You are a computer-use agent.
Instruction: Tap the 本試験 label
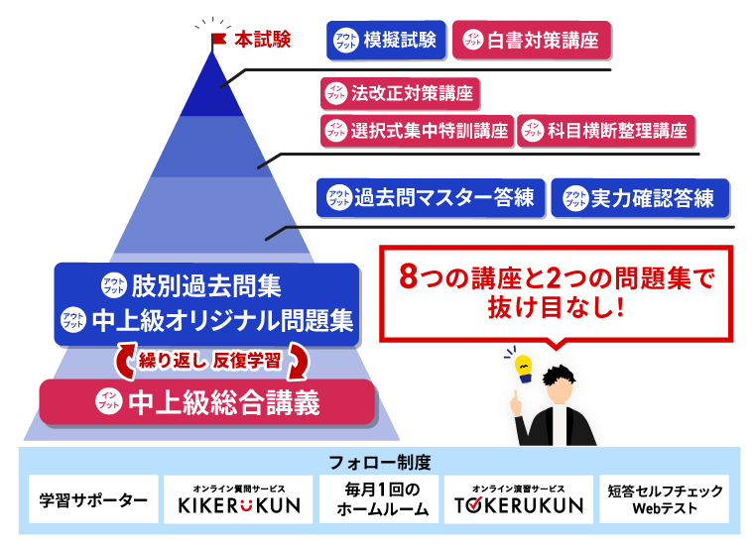[x=263, y=41]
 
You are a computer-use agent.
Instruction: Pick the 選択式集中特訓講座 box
[x=416, y=131]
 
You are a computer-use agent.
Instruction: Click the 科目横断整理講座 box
[x=606, y=131]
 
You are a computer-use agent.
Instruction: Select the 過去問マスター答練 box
[x=430, y=197]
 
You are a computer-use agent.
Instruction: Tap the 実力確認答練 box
[x=640, y=197]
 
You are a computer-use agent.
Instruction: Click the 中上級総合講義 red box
[x=208, y=402]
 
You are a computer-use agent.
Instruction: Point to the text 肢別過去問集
[x=205, y=286]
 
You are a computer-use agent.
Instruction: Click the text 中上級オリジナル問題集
[x=220, y=321]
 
